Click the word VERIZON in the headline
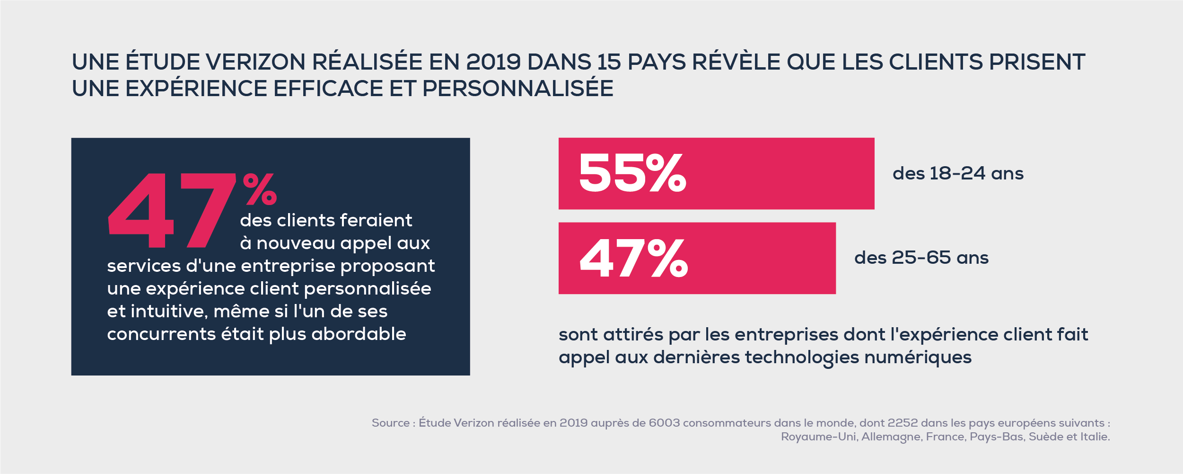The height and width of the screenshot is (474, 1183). tap(255, 62)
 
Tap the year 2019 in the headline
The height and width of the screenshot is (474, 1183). tap(493, 62)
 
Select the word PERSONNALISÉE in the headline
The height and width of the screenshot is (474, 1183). tap(517, 89)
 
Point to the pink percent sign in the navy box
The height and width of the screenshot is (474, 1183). tap(260, 189)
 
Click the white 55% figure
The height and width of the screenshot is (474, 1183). tap(632, 173)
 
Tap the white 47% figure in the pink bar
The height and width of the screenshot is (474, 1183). tap(634, 258)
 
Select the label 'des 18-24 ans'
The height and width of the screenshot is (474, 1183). tap(958, 174)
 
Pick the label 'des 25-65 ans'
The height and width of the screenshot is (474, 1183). tap(921, 258)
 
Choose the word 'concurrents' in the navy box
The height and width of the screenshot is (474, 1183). tap(161, 334)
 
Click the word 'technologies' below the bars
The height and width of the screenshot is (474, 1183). tap(801, 358)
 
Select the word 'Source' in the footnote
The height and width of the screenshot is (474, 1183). tap(390, 423)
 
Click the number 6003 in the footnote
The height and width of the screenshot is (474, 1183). tap(664, 423)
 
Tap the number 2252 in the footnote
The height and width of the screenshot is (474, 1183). tap(903, 423)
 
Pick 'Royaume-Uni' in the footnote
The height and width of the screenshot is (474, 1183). tap(819, 437)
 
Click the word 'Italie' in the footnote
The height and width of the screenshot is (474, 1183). tap(1094, 437)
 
